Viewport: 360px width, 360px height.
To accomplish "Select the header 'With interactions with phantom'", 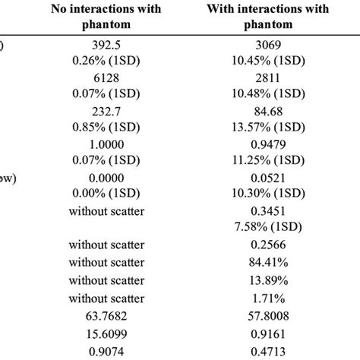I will click(264, 17).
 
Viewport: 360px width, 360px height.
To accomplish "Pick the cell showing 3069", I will click(264, 46).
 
